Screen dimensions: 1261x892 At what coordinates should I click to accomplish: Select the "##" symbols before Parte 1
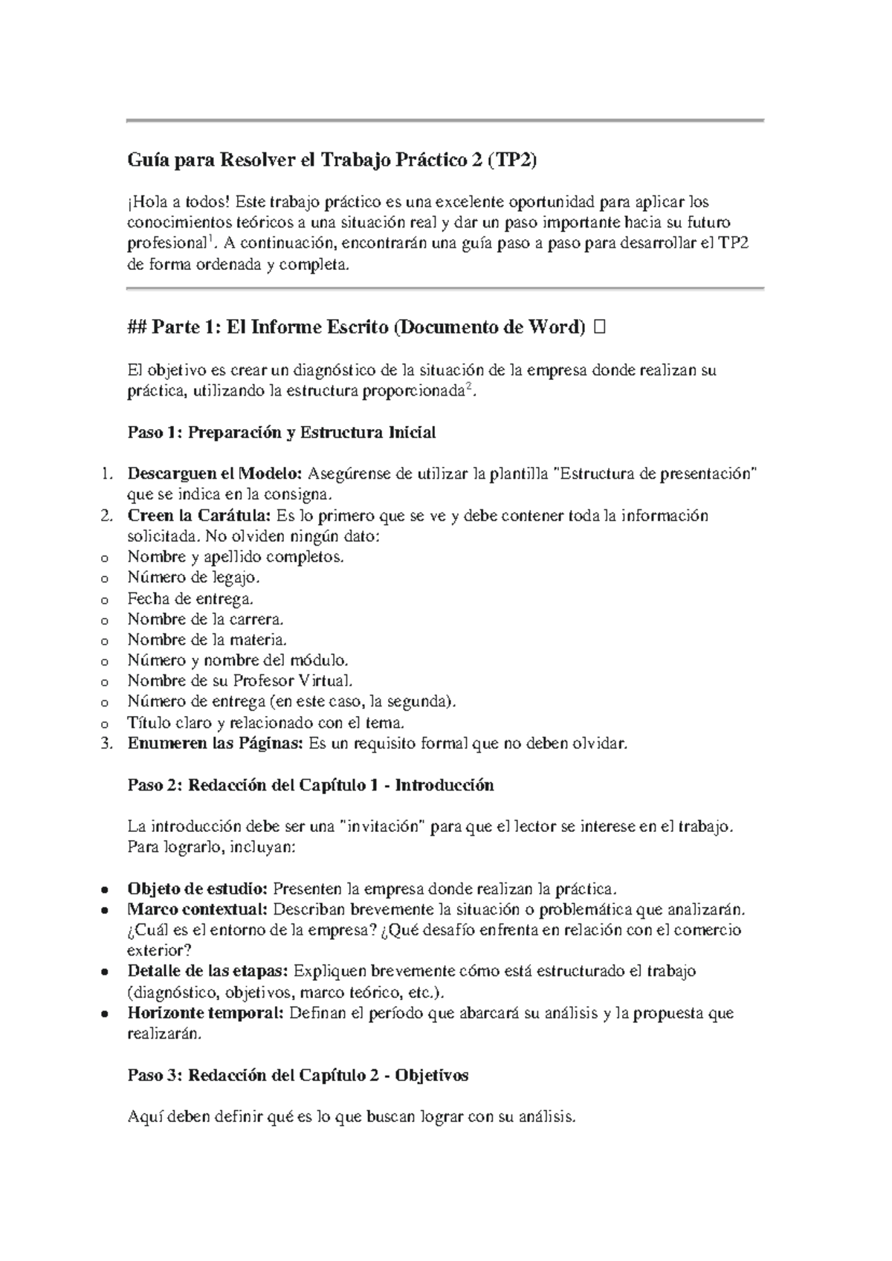point(137,327)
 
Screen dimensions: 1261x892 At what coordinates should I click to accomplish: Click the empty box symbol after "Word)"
point(601,327)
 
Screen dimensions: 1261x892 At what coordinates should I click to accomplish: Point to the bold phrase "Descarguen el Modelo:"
point(215,474)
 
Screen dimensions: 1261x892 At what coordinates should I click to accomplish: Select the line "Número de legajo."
point(194,577)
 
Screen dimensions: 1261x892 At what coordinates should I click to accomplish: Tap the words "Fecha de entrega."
point(190,598)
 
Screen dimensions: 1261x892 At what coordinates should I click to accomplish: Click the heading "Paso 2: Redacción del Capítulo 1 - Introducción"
point(311,785)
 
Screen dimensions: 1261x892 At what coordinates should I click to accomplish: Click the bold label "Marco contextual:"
point(198,909)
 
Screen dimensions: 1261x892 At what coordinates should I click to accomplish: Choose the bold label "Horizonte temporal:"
point(205,1013)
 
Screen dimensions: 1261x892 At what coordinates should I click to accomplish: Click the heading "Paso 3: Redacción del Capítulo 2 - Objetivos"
point(298,1075)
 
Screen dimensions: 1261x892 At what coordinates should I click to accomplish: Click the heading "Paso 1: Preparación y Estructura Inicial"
point(282,433)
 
